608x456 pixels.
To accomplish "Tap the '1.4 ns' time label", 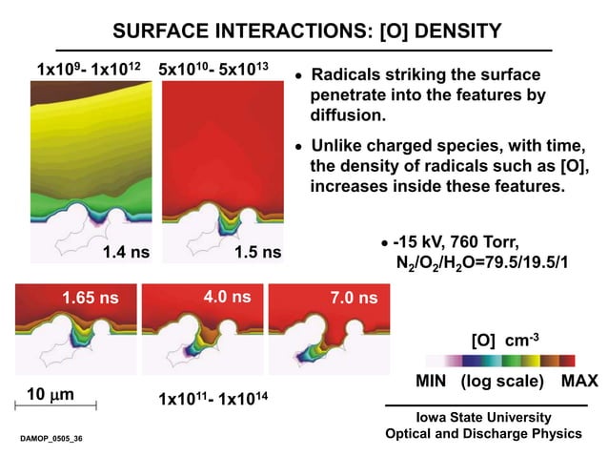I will coord(126,253).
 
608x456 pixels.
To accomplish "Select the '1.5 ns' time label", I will coord(257,253).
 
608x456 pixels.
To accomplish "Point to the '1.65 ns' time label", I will coord(86,298).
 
